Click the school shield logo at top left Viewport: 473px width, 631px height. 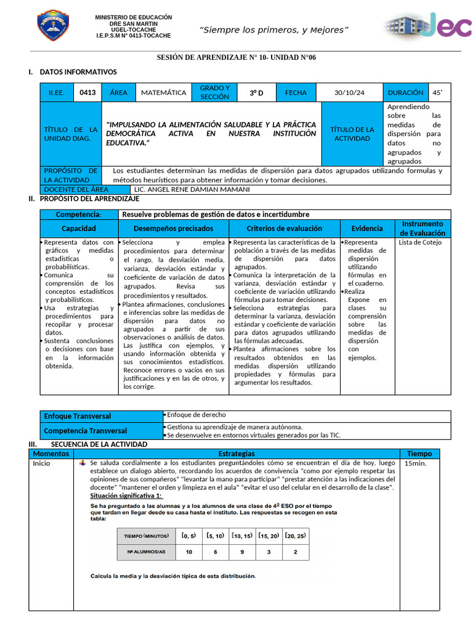(53, 25)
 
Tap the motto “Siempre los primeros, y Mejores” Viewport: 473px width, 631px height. (274, 30)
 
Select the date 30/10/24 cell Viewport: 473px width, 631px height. (349, 92)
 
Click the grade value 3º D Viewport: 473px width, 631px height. (256, 93)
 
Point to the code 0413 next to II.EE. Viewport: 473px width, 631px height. (87, 92)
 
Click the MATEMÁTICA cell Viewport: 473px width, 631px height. (163, 92)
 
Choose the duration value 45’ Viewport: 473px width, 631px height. (437, 92)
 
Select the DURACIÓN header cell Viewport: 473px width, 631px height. (405, 92)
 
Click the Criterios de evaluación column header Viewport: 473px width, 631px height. (284, 229)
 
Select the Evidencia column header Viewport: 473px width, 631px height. (367, 229)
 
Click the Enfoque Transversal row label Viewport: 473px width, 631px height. (77, 417)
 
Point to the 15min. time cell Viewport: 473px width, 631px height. (415, 463)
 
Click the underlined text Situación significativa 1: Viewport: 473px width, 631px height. (126, 495)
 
